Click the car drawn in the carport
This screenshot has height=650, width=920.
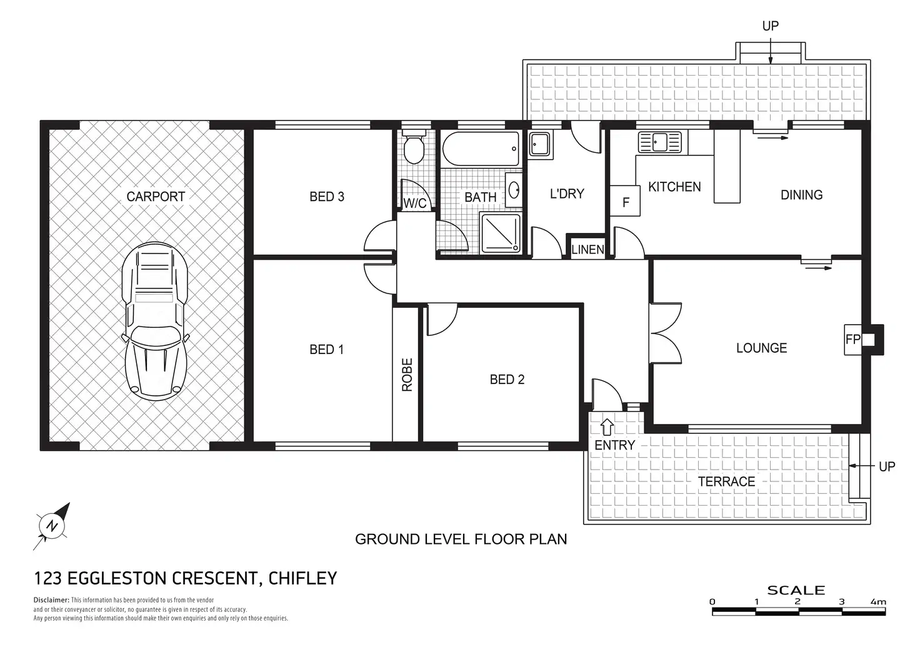pos(154,321)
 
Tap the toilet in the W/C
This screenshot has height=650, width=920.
pos(414,147)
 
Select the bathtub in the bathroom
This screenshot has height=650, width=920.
pos(481,149)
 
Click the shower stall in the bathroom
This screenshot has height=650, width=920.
pos(501,233)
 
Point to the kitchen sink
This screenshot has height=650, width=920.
pos(659,142)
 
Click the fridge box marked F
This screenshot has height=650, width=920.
pos(625,201)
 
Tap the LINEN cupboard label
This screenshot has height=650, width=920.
pos(587,250)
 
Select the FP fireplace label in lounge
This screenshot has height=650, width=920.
pos(852,340)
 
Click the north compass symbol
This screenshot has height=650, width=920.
pos(52,526)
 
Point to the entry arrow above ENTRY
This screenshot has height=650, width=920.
pos(607,427)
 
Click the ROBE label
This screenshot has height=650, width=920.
pos(407,375)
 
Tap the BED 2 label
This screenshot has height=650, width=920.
pos(507,380)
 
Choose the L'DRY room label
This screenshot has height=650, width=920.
pos(567,194)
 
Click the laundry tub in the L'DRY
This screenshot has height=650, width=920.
pos(539,144)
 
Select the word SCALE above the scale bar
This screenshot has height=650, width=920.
pos(796,591)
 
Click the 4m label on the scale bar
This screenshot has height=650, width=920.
pos(878,602)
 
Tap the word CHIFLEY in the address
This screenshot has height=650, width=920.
pos(302,578)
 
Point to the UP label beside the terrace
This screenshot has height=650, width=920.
pos(887,466)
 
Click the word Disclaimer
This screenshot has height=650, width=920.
pos(51,600)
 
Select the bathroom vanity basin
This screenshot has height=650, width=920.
pos(513,190)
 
